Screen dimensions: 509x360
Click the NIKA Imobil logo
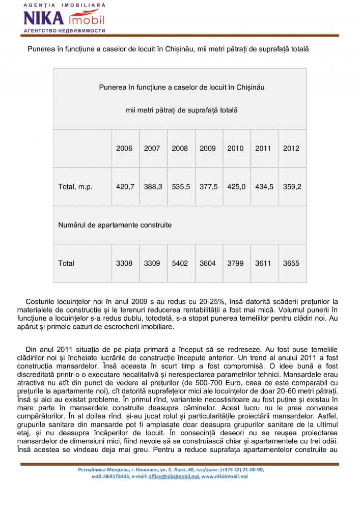(x=64, y=18)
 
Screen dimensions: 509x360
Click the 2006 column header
(x=124, y=149)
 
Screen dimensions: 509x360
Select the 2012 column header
(x=291, y=149)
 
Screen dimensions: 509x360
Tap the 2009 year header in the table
(x=208, y=149)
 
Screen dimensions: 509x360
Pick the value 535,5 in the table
(x=180, y=187)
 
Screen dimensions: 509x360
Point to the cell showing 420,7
(x=125, y=187)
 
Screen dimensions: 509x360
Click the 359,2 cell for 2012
(x=292, y=187)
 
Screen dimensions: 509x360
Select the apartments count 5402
(x=180, y=263)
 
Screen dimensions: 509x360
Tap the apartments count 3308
(x=124, y=263)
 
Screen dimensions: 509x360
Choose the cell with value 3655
(x=291, y=263)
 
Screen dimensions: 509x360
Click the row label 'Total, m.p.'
(x=75, y=187)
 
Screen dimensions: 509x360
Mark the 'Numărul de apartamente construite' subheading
(x=115, y=224)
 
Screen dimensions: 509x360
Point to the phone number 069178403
(x=114, y=476)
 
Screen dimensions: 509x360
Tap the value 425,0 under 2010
(x=236, y=187)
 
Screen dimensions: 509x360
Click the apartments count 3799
(x=236, y=263)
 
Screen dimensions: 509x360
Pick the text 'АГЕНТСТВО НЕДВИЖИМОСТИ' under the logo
(x=64, y=31)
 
